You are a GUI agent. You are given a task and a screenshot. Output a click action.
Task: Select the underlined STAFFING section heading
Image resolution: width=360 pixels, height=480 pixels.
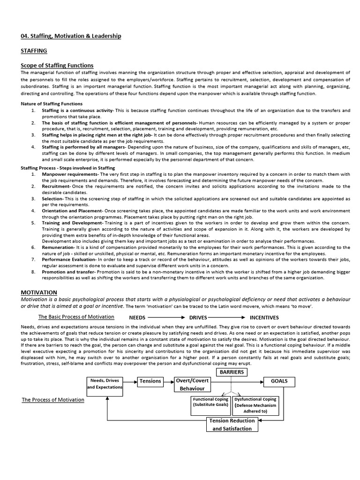(x=34, y=50)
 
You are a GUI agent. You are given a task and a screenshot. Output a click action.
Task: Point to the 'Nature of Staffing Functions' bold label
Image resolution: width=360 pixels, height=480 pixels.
(x=52, y=104)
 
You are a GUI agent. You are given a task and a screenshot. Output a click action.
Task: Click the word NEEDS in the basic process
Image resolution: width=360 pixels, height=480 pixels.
(x=138, y=317)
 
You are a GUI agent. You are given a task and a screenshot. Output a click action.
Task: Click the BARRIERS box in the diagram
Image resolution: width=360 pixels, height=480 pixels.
(x=231, y=372)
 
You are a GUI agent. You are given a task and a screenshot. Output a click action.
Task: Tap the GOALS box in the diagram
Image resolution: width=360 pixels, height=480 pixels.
(x=279, y=381)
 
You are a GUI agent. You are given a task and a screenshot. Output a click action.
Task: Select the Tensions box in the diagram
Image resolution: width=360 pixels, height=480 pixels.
(x=150, y=381)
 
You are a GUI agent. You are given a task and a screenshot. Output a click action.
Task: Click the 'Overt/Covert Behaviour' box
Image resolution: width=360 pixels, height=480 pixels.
(x=192, y=384)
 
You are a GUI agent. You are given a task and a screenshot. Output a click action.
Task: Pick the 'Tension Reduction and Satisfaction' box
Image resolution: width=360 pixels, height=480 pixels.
(x=232, y=424)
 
